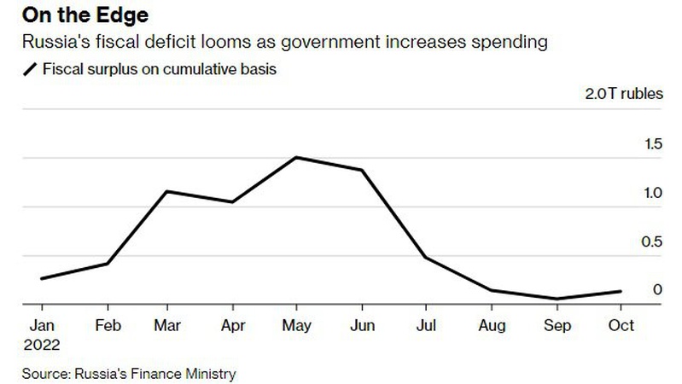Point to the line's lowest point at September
click(x=557, y=299)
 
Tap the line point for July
click(x=426, y=257)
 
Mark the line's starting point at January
click(x=42, y=278)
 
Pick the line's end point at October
click(x=620, y=291)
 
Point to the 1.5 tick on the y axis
click(x=652, y=144)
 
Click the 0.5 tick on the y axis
click(x=652, y=242)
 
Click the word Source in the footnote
click(x=44, y=374)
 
